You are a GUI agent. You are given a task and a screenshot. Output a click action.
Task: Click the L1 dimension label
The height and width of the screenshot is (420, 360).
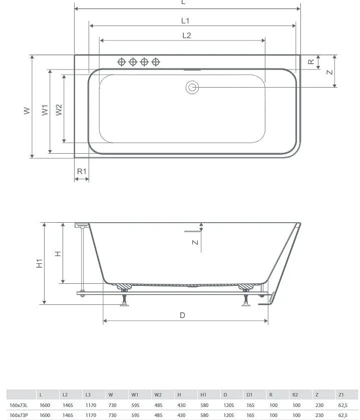[x=185, y=21]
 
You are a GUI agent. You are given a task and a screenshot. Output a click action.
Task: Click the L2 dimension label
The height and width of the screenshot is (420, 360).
[x=186, y=36]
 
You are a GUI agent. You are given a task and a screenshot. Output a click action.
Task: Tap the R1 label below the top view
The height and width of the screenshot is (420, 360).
[x=82, y=171]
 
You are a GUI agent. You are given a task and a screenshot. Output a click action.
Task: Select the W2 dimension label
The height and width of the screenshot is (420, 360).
[x=59, y=110]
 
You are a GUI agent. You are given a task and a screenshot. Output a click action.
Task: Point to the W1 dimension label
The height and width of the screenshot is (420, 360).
[x=45, y=110]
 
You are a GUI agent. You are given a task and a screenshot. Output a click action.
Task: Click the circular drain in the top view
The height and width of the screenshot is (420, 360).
[x=192, y=87]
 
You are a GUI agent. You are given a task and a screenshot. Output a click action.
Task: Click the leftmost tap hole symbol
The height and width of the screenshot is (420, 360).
[x=122, y=62]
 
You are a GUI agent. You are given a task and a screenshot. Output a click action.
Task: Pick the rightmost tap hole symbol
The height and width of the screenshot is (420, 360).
[x=156, y=62]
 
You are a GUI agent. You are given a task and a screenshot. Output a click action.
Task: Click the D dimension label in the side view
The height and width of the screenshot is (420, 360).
[x=182, y=315]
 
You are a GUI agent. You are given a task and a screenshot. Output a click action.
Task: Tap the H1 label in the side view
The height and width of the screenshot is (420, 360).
[x=40, y=263]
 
